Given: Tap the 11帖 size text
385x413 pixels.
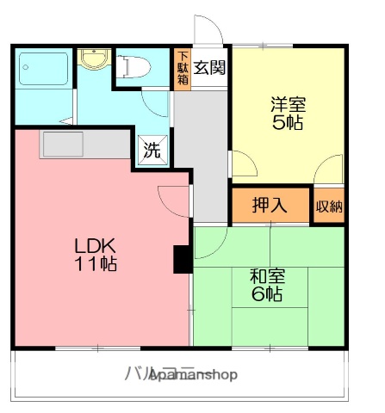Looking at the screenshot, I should pyautogui.click(x=94, y=263).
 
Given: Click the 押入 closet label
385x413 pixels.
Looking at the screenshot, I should pyautogui.click(x=269, y=206).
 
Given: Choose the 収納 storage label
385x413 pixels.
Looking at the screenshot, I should pyautogui.click(x=329, y=206).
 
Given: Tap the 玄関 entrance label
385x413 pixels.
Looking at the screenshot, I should pyautogui.click(x=208, y=67).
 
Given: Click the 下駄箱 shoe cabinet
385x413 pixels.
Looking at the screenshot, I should pyautogui.click(x=183, y=67).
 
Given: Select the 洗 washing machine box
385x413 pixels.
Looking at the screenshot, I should pyautogui.click(x=152, y=151).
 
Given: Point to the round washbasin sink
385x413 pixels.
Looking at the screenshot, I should pyautogui.click(x=90, y=59).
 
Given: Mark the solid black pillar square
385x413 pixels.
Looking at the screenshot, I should pyautogui.click(x=183, y=258).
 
